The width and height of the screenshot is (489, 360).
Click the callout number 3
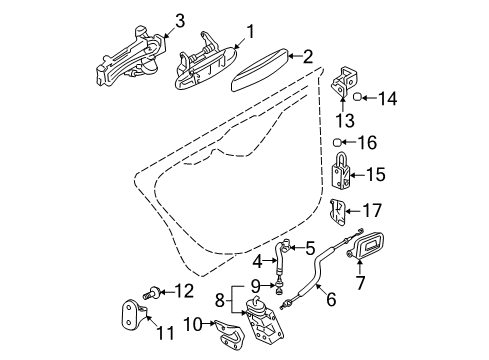[x=179, y=21]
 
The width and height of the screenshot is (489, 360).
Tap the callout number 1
[x=250, y=32]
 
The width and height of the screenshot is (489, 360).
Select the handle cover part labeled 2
[x=260, y=69]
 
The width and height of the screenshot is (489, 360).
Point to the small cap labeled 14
[x=357, y=97]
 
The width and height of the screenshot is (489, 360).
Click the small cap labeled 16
[x=337, y=143]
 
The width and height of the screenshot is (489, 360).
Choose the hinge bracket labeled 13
[x=343, y=83]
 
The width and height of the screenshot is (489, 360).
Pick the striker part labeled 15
[x=341, y=171]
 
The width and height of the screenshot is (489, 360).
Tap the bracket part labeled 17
[x=337, y=212]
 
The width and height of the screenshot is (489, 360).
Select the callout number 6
[x=330, y=299]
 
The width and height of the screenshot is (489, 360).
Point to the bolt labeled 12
[x=152, y=293]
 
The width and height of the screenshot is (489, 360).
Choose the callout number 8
[x=219, y=301]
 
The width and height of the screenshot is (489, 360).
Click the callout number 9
[x=255, y=285]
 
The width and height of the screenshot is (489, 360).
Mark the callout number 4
[x=258, y=262]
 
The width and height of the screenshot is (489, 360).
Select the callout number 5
[x=310, y=248]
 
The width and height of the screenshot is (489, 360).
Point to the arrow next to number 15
[x=357, y=175]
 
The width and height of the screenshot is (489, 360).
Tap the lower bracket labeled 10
[x=230, y=335]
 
